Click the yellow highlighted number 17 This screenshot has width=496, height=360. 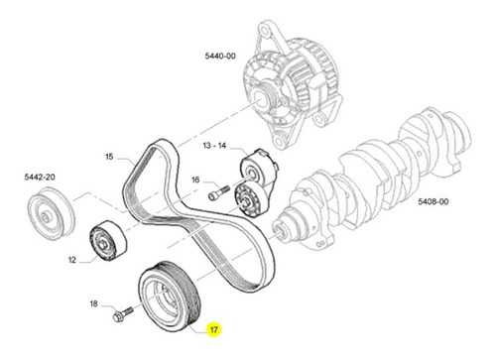[x=214, y=329]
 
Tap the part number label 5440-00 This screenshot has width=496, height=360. [x=220, y=56]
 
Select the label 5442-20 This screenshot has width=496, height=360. [x=40, y=177]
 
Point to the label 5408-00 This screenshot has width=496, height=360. [x=434, y=201]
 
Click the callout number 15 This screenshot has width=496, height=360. [x=109, y=157]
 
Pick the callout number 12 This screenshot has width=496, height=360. [x=72, y=260]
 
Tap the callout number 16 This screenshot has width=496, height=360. [x=195, y=180]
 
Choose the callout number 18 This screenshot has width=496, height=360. [x=94, y=303]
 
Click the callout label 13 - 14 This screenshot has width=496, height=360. [x=214, y=145]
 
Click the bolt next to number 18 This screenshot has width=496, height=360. [x=123, y=314]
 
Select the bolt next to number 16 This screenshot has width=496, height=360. [x=219, y=192]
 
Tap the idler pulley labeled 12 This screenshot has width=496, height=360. [x=108, y=240]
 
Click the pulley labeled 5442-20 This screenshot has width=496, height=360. [x=51, y=213]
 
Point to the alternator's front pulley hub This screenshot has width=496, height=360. [x=260, y=98]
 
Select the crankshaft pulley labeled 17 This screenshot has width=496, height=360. [x=170, y=297]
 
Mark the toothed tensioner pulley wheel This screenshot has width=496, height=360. [x=247, y=200]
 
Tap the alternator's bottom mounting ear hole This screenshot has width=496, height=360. [x=279, y=141]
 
